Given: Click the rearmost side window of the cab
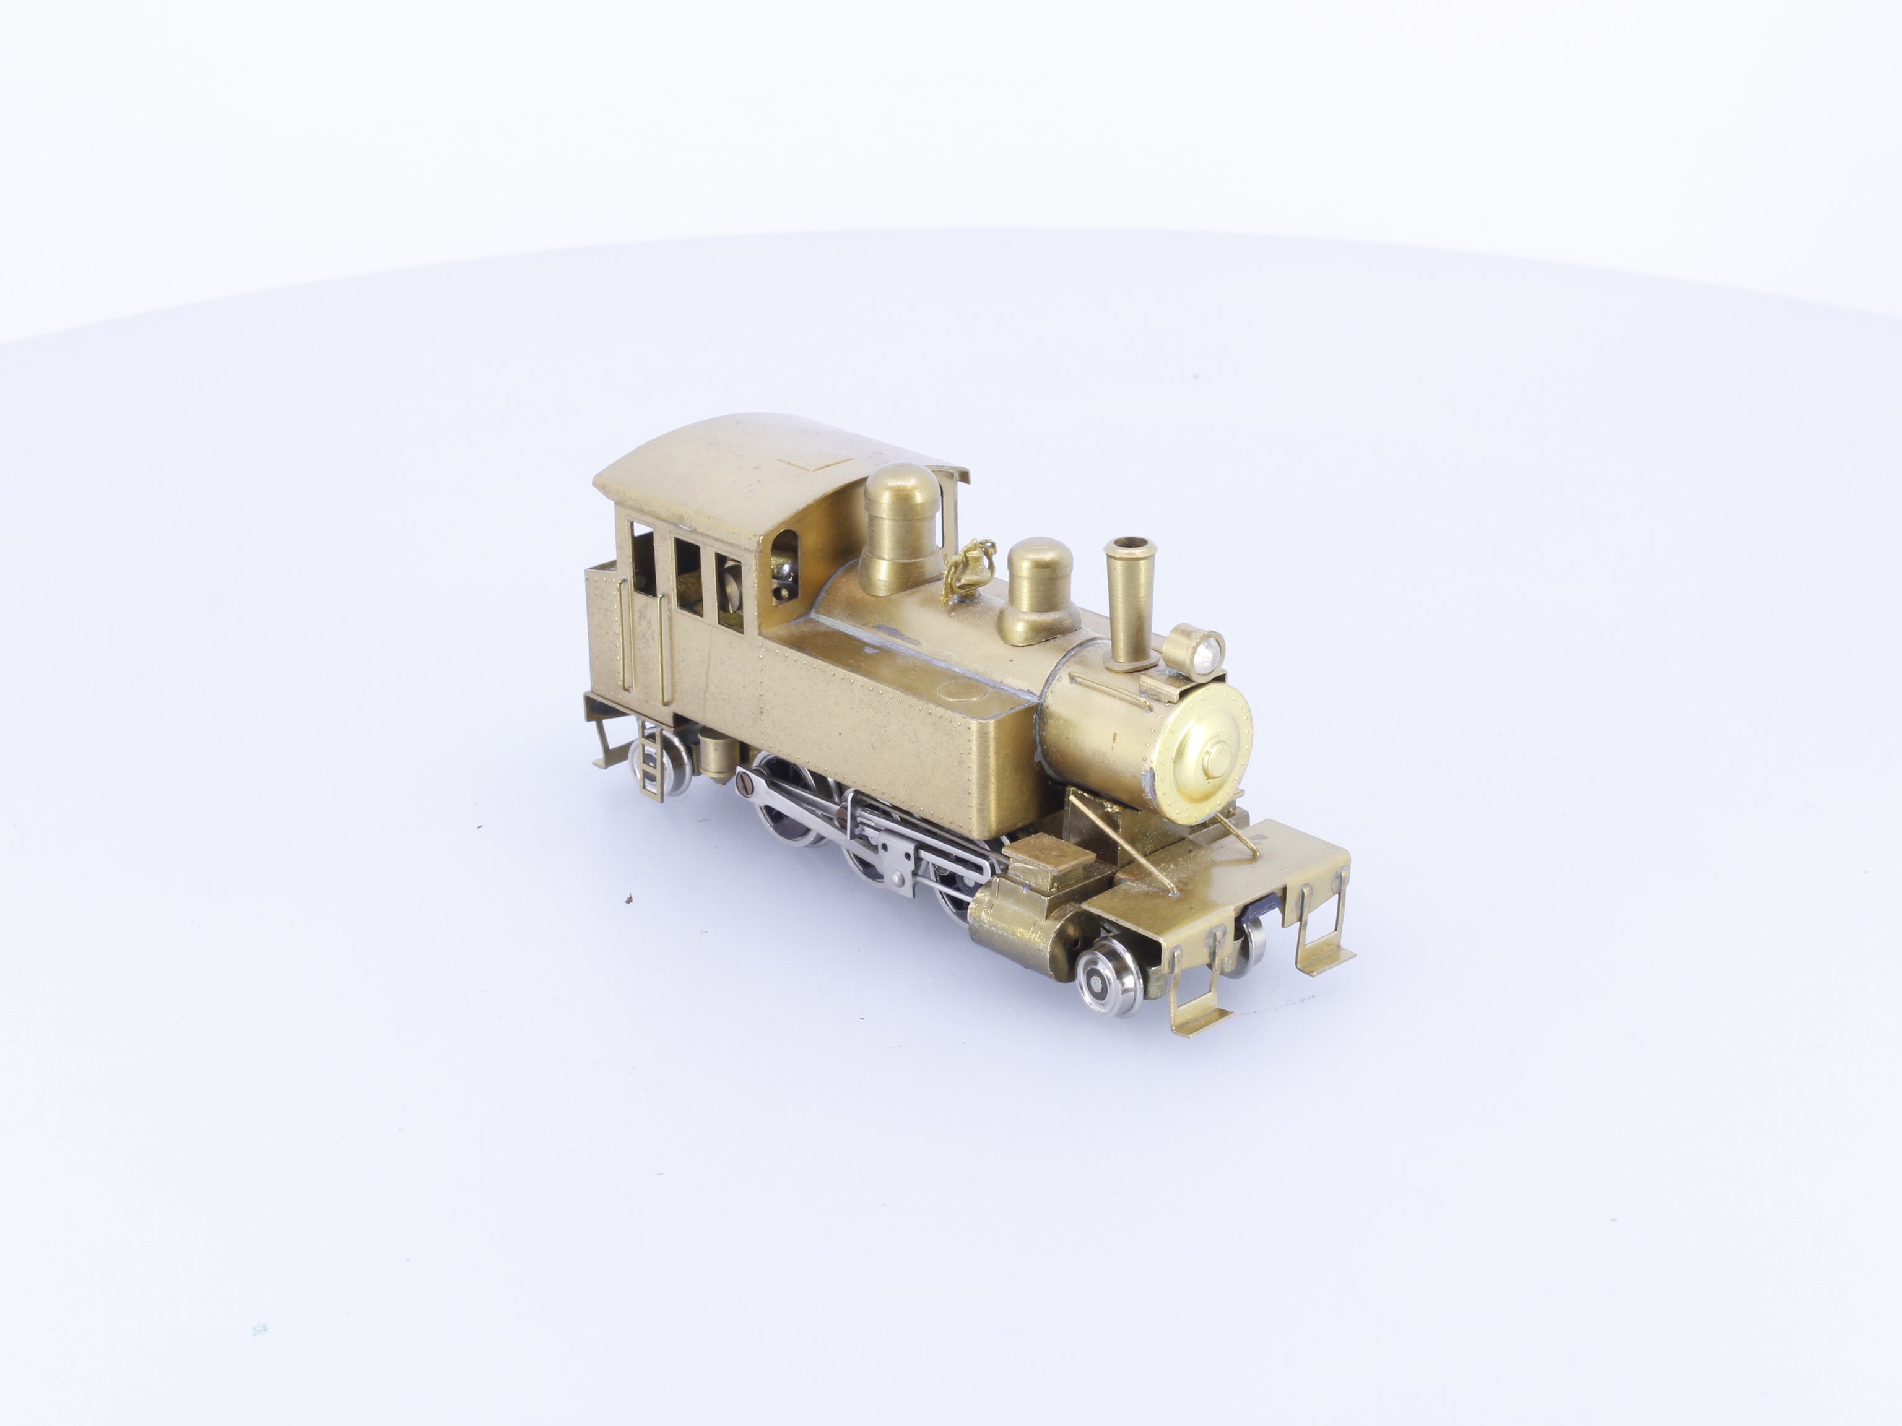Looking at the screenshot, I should (644, 562).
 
